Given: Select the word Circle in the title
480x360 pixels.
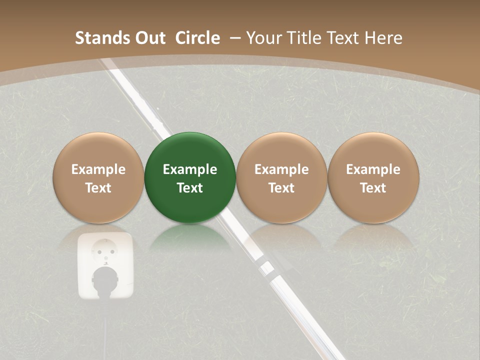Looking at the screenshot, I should [x=197, y=38].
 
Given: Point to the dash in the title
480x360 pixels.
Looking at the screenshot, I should [x=235, y=38].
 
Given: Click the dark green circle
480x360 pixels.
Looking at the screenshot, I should [x=190, y=177].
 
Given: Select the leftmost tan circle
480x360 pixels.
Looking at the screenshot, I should [x=98, y=177].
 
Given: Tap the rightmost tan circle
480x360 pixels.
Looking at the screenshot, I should [x=373, y=177].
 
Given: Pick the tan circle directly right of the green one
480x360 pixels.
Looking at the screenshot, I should [x=281, y=177].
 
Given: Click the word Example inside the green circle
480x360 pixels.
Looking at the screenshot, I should [x=190, y=169].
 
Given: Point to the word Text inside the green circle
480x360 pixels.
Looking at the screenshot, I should [x=190, y=188].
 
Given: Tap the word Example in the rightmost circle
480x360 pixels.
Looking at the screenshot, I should [x=373, y=169].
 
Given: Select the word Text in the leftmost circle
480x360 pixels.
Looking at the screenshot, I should [x=98, y=188].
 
